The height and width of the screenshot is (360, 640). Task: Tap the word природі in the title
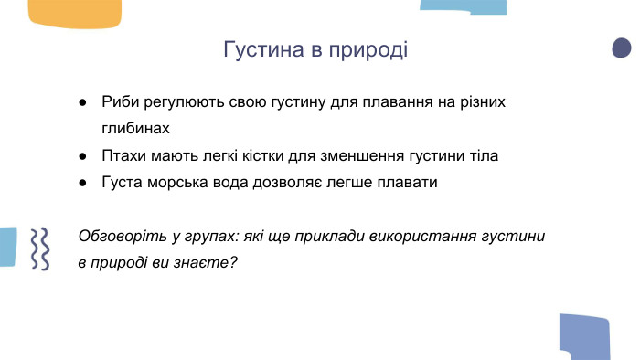point(368,49)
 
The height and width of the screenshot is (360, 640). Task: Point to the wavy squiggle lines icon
point(39,248)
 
